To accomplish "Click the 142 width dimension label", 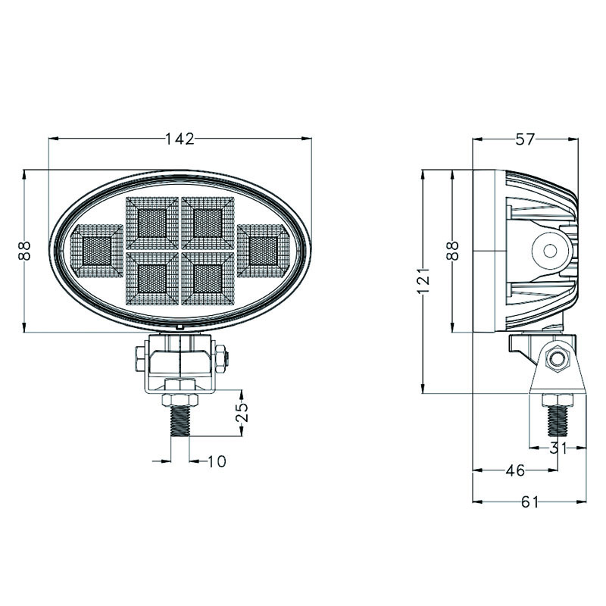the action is tap(180, 139).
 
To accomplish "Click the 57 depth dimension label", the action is tap(525, 139).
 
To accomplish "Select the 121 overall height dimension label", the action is tap(424, 280).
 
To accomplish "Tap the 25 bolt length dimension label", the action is tap(242, 412).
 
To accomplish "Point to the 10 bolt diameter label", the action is tap(217, 461).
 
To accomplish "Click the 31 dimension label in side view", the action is tap(558, 448).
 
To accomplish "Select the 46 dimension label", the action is tap(516, 470).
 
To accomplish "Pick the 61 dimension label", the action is tap(529, 502).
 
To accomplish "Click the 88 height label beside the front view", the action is tap(24, 251).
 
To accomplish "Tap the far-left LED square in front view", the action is tap(97, 251).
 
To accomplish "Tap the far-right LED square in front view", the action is tap(264, 251).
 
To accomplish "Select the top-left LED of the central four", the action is tap(152, 223).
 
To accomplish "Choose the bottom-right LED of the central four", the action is tap(208, 279).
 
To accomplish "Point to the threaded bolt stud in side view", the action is tap(558, 421).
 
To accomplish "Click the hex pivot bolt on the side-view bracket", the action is tap(557, 359).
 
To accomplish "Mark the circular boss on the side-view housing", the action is tap(550, 251).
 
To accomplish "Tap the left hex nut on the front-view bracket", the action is tap(140, 359).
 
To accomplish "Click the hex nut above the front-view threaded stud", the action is tap(180, 400).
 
